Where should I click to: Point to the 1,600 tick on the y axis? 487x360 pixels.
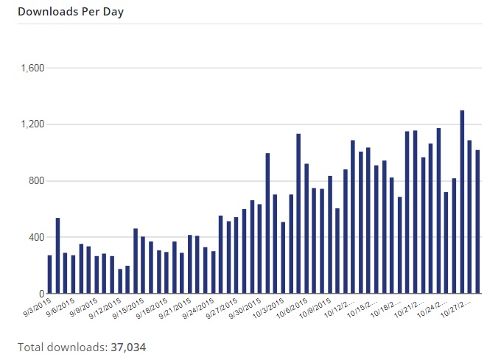point(34,68)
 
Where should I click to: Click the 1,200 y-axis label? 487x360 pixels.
point(34,124)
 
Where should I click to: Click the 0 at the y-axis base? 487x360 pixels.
point(42,294)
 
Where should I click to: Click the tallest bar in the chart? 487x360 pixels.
point(462,202)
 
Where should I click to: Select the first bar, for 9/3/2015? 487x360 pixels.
point(49,274)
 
